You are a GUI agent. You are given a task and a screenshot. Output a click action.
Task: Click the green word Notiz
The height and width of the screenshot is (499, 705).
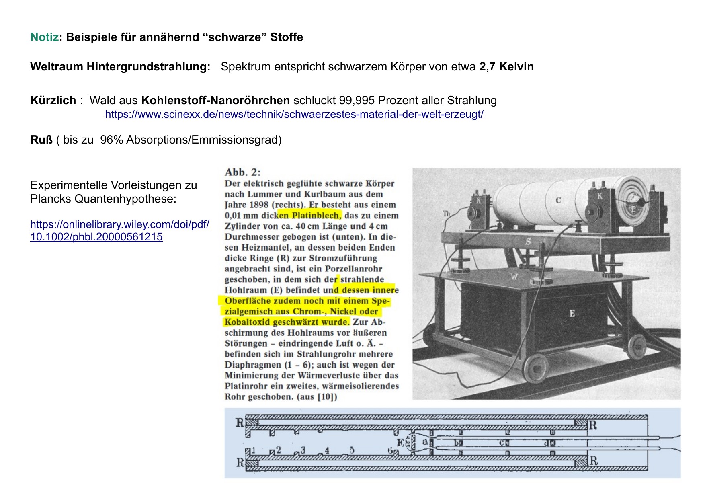(x=44, y=37)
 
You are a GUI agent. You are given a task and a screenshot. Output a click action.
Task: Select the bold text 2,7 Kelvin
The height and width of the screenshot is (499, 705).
(x=506, y=67)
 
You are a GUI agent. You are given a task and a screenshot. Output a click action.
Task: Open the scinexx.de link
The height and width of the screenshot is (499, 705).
(x=294, y=115)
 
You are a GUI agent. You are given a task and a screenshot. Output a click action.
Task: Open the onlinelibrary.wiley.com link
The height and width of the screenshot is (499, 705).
(x=120, y=230)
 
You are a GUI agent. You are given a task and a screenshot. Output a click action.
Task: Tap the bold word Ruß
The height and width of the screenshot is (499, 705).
(x=41, y=140)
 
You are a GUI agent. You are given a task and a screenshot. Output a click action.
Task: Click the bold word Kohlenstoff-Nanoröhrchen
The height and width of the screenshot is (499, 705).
(x=215, y=101)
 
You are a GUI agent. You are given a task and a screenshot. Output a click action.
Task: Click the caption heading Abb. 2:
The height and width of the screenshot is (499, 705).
(x=243, y=172)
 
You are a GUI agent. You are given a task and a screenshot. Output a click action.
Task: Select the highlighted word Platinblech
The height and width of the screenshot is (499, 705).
(x=316, y=216)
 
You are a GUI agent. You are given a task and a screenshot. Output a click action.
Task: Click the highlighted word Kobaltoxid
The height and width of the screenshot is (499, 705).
(x=247, y=322)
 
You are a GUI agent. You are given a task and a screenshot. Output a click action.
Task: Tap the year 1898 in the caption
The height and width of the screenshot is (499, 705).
(x=259, y=205)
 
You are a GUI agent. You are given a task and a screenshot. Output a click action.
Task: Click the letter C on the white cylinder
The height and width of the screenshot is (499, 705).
(x=558, y=200)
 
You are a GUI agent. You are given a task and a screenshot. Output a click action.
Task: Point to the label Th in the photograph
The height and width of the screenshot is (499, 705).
(x=446, y=214)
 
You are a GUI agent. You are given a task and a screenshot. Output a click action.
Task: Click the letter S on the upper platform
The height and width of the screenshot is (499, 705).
(x=528, y=242)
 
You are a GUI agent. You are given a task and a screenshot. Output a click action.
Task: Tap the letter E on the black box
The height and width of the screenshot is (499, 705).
(x=572, y=314)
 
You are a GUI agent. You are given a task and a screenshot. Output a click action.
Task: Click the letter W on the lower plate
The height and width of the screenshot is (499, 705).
(x=514, y=277)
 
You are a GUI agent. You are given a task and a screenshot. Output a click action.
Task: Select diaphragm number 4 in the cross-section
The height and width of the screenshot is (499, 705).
(x=327, y=450)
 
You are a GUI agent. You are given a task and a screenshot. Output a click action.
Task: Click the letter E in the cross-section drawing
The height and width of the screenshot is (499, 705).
(x=400, y=443)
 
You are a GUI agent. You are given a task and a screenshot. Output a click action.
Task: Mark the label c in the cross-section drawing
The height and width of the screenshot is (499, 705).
(x=502, y=443)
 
